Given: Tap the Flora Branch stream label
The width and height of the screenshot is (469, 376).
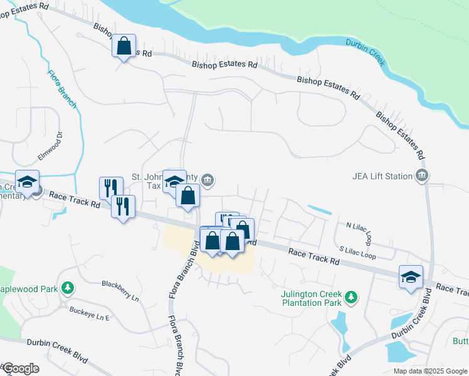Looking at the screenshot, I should [x=63, y=88].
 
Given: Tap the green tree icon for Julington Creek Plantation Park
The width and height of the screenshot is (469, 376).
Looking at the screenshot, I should [x=352, y=295].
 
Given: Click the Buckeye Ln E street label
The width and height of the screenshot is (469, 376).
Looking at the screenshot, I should [x=89, y=313].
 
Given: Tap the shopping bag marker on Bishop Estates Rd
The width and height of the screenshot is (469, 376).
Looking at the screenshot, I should [x=124, y=46].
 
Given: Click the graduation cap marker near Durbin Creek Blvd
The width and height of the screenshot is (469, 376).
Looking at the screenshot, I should [x=411, y=276].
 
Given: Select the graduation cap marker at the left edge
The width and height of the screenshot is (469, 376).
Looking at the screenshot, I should [x=27, y=181].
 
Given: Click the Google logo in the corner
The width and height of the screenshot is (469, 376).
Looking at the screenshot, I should [x=20, y=368].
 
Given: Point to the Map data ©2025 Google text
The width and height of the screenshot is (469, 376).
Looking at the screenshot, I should [x=429, y=371].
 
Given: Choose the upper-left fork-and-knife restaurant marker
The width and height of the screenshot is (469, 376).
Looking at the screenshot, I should [x=110, y=187].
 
